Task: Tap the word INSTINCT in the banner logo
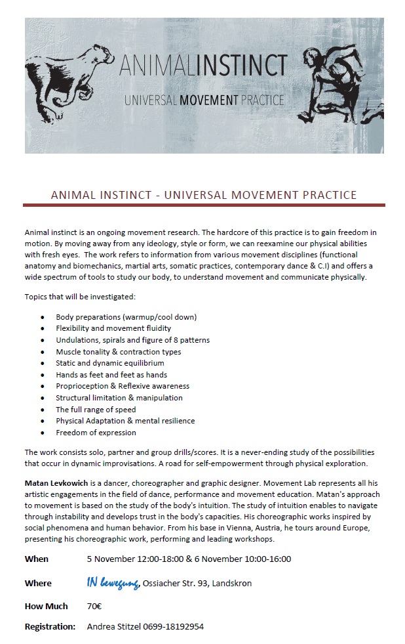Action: point(246,65)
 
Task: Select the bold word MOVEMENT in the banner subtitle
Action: point(199,100)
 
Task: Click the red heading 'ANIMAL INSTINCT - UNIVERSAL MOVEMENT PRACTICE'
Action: point(204,195)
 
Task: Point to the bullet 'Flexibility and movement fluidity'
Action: point(113,328)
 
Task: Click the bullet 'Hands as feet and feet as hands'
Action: point(111,375)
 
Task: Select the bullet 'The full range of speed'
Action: point(95,410)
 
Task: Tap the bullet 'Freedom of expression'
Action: point(96,433)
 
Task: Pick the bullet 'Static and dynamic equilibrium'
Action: point(109,363)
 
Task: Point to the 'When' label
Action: point(37,559)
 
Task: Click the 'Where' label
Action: point(38,583)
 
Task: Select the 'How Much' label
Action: point(47,606)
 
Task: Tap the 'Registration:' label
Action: point(50,627)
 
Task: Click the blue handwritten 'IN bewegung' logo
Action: point(113,583)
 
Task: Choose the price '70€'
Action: point(94,606)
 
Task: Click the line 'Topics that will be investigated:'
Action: point(80,297)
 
